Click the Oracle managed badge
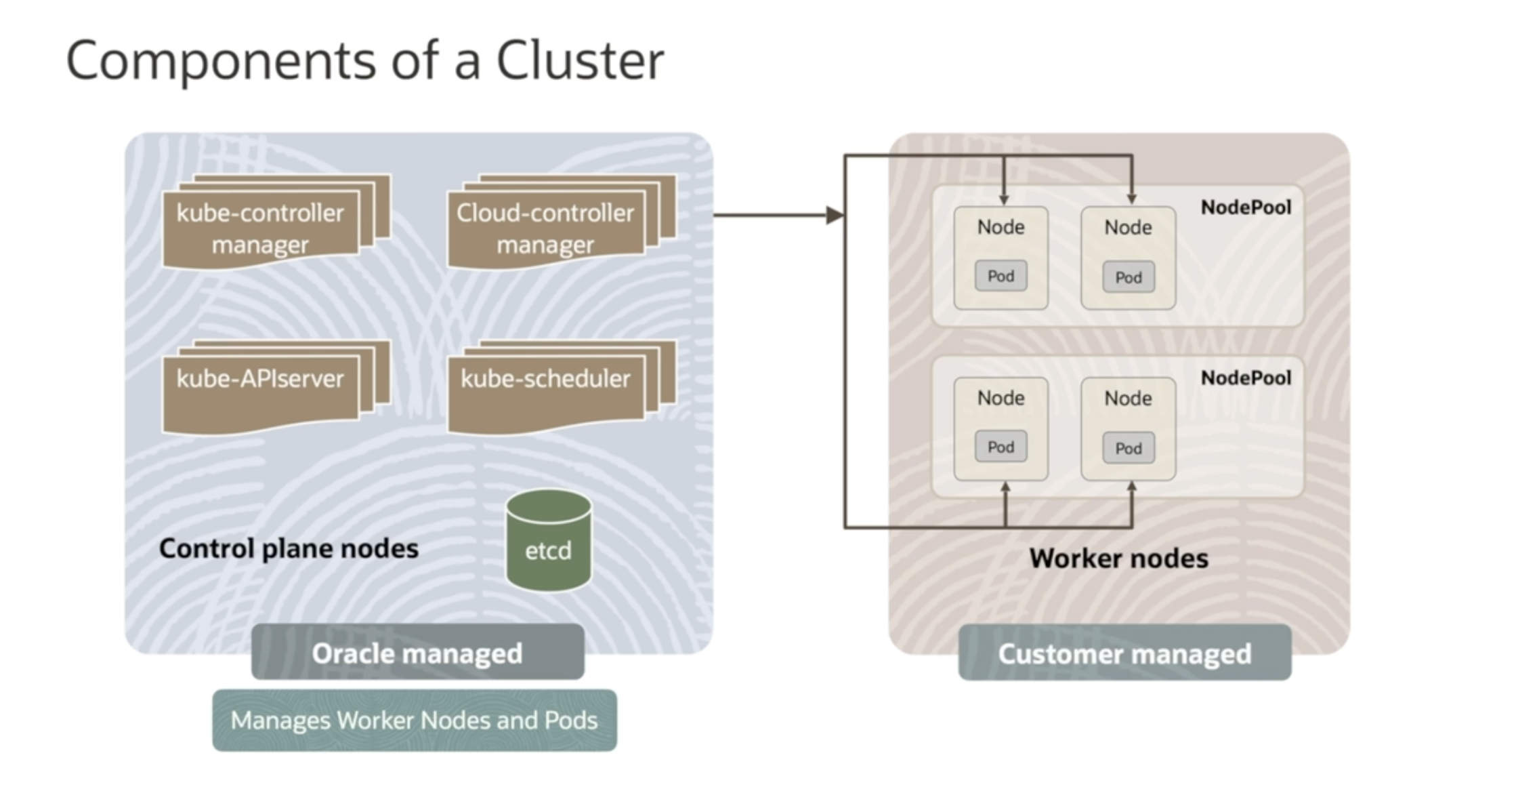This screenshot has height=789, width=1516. click(x=417, y=653)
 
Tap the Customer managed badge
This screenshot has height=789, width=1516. click(x=1124, y=653)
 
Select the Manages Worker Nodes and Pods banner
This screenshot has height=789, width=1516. click(x=415, y=720)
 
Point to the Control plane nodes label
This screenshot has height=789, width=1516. click(x=289, y=548)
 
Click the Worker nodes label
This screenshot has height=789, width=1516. click(x=1118, y=559)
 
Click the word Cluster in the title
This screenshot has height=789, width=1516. click(x=580, y=61)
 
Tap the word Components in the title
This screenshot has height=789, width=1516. click(x=220, y=61)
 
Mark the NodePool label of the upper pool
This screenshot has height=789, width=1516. click(x=1246, y=207)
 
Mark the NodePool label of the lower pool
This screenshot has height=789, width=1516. click(x=1246, y=378)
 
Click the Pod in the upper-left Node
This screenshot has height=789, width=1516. click(x=1001, y=276)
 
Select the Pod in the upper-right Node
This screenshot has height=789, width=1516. click(x=1129, y=277)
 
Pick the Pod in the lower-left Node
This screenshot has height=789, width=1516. click(x=1001, y=447)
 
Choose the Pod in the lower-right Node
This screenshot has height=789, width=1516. click(x=1129, y=448)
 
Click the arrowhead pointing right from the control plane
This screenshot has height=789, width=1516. click(x=835, y=216)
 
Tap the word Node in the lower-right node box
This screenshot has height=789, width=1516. click(x=1128, y=398)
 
